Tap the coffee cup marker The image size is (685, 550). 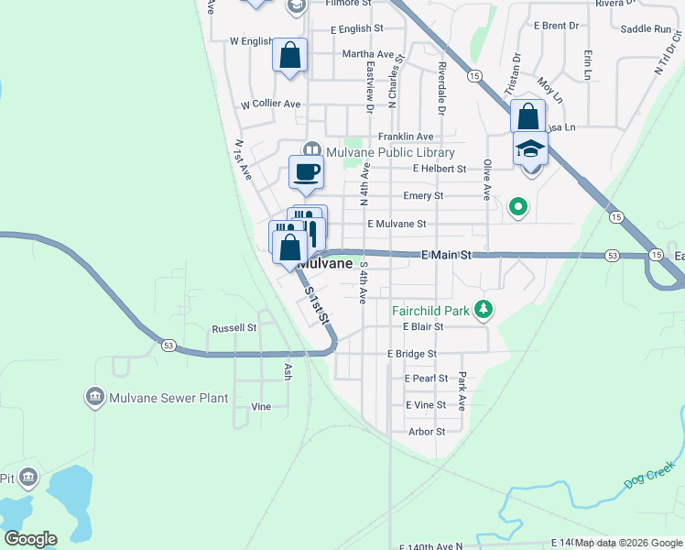pos(307,170)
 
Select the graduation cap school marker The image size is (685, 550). pos(530,148)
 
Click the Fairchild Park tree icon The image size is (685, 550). pos(484,311)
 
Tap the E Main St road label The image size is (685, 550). pos(446,254)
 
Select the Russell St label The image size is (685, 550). pos(234,327)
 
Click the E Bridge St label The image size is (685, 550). pos(412,353)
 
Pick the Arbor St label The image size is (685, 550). pos(427,431)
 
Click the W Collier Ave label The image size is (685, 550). pos(271,104)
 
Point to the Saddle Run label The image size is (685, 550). pos(646,29)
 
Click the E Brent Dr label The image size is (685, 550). pos(556,26)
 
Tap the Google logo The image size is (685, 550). pos(30,539)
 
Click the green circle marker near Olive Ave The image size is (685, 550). pos(518,207)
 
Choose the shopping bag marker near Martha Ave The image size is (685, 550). pos(290,55)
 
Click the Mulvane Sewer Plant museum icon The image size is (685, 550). pos(94,397)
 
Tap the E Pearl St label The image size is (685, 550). pos(426,378)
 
